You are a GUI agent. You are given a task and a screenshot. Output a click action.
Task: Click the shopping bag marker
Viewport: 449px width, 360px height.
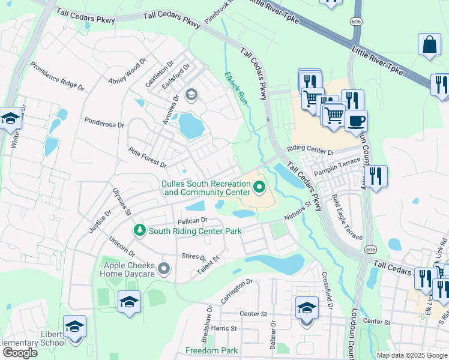429,45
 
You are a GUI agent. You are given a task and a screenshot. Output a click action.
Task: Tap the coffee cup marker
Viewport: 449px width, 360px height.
356,120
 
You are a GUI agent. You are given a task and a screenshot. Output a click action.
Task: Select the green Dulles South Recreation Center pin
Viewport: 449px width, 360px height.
259,188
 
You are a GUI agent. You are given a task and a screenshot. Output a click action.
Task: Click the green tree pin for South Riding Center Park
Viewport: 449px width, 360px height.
139,230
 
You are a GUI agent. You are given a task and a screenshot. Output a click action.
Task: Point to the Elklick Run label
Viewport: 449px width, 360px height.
235,88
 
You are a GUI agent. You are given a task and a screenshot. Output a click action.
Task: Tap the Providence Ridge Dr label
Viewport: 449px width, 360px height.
57,76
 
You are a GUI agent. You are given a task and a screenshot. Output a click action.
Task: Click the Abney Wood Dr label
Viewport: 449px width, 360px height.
127,71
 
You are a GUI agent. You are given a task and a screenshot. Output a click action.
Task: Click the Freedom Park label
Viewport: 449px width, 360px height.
211,350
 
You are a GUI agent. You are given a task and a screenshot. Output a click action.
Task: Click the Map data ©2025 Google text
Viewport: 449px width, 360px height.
412,355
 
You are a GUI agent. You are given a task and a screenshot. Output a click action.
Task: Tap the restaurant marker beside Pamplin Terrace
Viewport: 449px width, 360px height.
376,176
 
